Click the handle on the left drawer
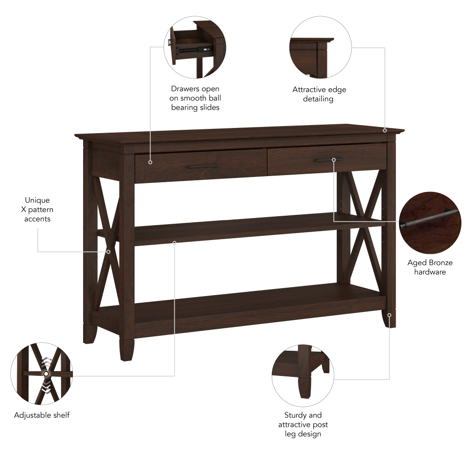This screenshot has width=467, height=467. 204,166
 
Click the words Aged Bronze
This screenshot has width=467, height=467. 430,263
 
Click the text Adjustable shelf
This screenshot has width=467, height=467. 42,415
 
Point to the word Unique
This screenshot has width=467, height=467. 37,200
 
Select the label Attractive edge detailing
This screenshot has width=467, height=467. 319,94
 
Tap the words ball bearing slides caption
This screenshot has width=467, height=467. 195,103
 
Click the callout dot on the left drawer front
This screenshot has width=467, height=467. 150,162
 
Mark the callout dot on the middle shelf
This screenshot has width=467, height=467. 175,242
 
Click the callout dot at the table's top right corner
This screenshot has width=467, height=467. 385,130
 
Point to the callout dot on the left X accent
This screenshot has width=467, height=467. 108,252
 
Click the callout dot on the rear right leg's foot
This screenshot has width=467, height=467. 389,315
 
